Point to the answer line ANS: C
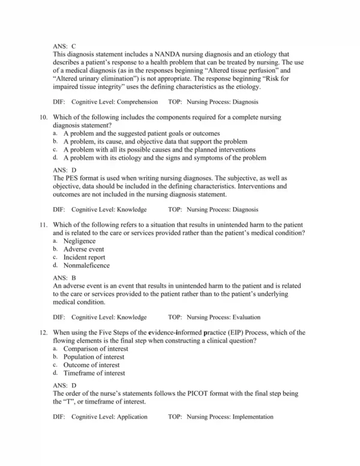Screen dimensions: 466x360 pyautogui.click(x=64, y=46)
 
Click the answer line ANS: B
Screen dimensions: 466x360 pyautogui.click(x=64, y=278)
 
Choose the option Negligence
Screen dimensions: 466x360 pyautogui.click(x=79, y=241)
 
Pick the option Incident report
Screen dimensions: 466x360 pyautogui.click(x=84, y=257)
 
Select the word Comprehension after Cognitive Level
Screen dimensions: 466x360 pyautogui.click(x=137, y=102)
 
